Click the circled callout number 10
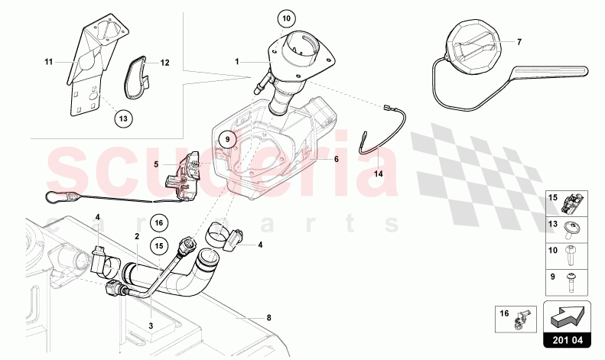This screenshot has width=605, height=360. tap(286, 18)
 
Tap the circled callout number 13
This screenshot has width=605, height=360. tap(123, 118)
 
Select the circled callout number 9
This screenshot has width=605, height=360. tap(227, 139)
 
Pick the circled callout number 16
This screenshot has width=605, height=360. tap(159, 222)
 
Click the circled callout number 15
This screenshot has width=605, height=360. tap(159, 245)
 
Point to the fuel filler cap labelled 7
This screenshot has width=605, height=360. tap(473, 47)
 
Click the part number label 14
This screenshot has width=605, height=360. tap(379, 174)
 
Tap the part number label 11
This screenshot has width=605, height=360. tap(48, 62)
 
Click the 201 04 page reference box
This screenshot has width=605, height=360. tap(568, 340)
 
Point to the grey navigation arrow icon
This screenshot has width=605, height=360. tap(568, 317)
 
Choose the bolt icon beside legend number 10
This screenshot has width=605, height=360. tap(571, 255)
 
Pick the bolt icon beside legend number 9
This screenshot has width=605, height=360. tap(571, 283)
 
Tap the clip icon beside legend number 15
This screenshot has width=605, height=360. tap(572, 203)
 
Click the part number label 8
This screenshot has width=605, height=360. tap(269, 318)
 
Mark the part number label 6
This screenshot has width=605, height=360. tap(337, 159)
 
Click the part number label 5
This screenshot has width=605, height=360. tap(156, 164)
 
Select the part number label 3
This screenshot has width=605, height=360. tap(151, 326)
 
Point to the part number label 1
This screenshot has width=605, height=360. tap(237, 61)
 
